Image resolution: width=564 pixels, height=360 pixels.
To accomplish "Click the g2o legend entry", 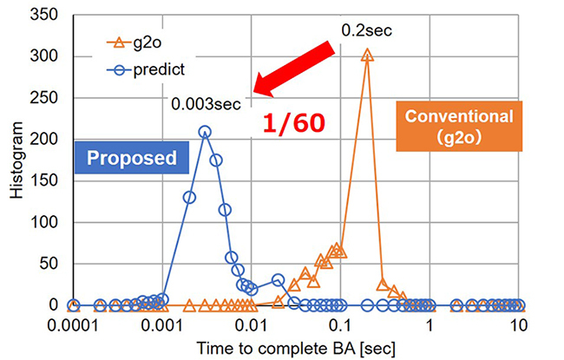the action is coord(134,43).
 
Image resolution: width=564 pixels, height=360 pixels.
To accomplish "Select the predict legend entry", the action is coord(146,69).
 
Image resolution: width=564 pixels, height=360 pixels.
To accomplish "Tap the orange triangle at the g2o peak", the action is coord(367,56).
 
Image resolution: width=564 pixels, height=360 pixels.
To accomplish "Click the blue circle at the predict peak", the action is coord(205,132).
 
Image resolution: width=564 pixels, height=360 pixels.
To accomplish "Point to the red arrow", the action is coord(294,69).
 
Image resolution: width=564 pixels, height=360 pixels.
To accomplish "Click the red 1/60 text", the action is coord(294,123).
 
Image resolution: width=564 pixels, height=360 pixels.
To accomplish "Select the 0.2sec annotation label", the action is coord(366,30).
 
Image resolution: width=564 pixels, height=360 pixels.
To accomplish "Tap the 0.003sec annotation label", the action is coord(206,104).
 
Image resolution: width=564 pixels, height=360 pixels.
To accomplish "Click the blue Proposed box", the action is coord(132,158).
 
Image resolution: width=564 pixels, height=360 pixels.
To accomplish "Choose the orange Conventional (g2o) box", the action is coord(459,127).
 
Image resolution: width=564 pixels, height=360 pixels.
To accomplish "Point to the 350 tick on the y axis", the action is coord(44,15).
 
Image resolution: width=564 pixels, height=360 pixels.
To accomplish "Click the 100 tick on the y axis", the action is coord(44,222).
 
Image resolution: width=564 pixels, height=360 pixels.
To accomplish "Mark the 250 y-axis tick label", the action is coord(44,98).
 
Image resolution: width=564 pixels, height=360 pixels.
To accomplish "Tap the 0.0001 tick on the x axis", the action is coord(74,325).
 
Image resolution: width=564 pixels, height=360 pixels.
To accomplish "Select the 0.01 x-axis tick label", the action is coord(251,325).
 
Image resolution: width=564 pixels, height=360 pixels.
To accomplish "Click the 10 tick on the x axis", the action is coord(518,325).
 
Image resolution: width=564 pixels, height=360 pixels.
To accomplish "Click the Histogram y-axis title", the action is coord(16,160).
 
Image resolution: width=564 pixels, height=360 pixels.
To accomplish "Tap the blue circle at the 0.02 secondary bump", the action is coord(278,280).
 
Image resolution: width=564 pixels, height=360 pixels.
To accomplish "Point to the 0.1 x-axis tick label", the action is coord(340,325).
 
